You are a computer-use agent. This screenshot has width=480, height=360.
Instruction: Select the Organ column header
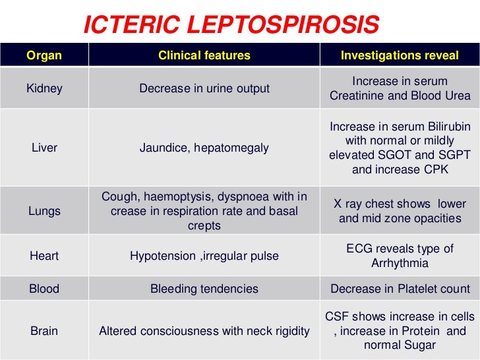(x=44, y=55)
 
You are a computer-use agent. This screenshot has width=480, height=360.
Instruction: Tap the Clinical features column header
(x=204, y=55)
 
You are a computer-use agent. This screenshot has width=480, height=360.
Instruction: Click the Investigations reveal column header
(x=400, y=55)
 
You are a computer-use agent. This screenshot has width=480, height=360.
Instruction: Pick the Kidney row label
(x=44, y=88)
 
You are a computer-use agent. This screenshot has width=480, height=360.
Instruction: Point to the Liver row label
(x=44, y=148)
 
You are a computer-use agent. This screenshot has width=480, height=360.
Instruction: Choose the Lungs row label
(x=44, y=211)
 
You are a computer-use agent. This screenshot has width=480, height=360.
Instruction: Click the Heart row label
(x=44, y=256)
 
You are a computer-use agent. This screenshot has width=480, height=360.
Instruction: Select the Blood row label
(x=44, y=289)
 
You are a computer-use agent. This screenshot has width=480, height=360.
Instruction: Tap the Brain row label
(x=44, y=331)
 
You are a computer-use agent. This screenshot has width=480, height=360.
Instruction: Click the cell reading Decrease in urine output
(x=204, y=88)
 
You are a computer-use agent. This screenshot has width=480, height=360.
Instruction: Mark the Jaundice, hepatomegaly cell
(x=204, y=148)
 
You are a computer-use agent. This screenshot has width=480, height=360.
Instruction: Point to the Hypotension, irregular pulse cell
(x=204, y=256)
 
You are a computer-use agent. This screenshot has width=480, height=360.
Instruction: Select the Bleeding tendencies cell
(x=204, y=289)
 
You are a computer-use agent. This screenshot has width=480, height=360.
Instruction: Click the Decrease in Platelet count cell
(x=400, y=289)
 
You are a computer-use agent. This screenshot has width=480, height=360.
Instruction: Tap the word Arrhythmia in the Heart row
(x=400, y=264)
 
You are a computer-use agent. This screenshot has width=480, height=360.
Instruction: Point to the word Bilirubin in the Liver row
(x=444, y=126)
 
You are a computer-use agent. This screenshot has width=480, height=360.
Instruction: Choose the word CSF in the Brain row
(x=338, y=316)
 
